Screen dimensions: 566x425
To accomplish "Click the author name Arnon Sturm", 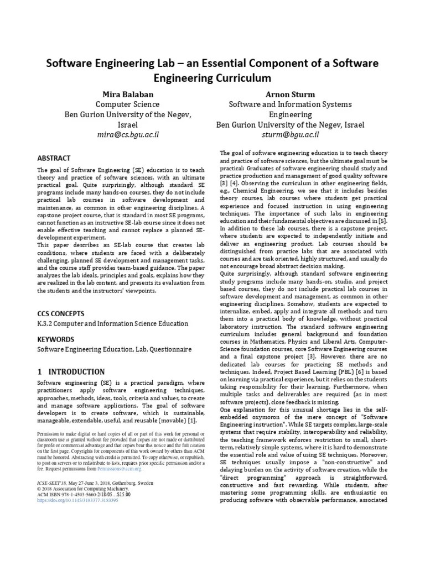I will (291, 94).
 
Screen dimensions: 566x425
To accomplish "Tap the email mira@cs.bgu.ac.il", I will (128, 135).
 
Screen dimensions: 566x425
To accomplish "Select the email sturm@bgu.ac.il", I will (291, 135).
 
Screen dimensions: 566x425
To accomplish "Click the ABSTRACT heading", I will (54, 158).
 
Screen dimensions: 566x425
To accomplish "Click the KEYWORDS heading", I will (56, 338).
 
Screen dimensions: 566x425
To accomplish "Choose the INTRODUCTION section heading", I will (76, 372).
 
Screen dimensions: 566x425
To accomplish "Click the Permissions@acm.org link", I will (120, 469).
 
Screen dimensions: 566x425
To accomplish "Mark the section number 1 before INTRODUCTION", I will (39, 372).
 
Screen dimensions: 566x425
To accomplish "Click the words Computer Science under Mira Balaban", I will (128, 104).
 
